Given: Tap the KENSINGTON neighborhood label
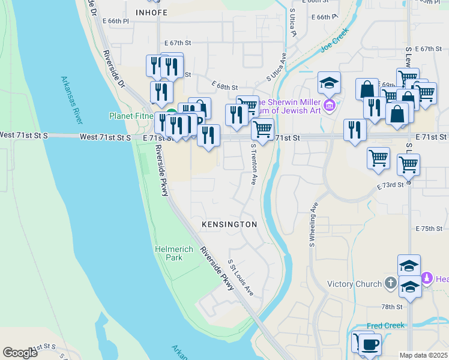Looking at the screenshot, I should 229,224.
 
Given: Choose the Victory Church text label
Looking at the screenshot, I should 354,284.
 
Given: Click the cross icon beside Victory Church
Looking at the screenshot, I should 390,283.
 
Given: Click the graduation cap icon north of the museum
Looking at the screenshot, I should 329,82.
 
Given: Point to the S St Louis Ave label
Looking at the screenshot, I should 241,277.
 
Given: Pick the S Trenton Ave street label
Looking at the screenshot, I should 254,164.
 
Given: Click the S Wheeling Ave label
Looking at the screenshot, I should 313,224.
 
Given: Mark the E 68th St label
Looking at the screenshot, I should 224,88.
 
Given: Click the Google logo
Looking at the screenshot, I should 20,352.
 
